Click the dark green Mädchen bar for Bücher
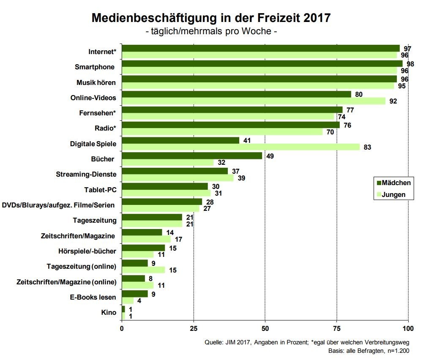click(x=192, y=155)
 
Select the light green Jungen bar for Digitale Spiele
click(x=240, y=147)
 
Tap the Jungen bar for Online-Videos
click(x=254, y=101)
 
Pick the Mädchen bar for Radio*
click(x=230, y=125)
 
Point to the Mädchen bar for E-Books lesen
click(x=134, y=293)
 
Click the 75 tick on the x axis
click(x=337, y=328)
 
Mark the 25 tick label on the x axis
click(x=194, y=328)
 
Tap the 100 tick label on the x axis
click(x=408, y=328)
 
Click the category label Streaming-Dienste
click(x=86, y=175)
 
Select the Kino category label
click(x=109, y=312)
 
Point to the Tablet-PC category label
click(x=101, y=190)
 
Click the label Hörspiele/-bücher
click(x=87, y=251)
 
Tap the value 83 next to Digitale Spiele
click(x=367, y=147)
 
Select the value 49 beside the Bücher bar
click(x=269, y=155)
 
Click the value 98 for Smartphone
click(x=410, y=64)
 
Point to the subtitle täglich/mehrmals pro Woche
click(x=211, y=32)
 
